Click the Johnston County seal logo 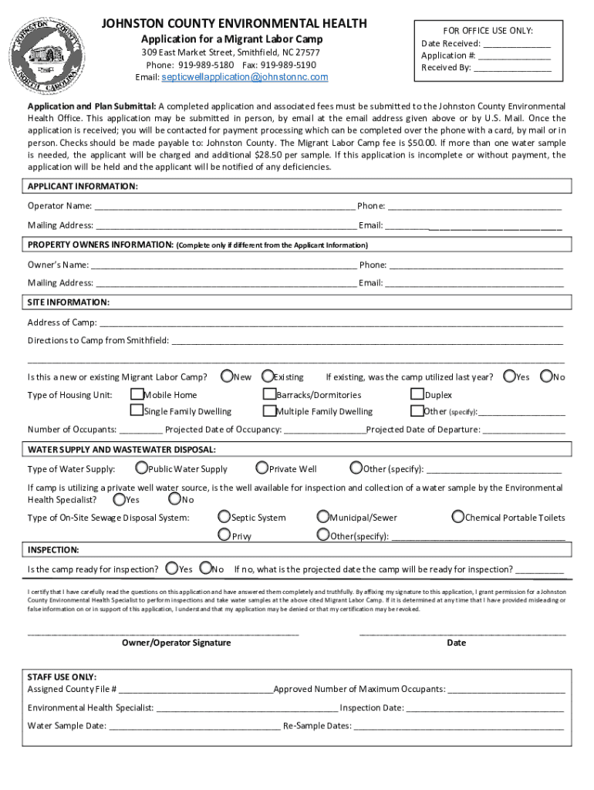pyautogui.click(x=52, y=52)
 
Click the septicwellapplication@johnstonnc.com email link pyautogui.click(x=243, y=77)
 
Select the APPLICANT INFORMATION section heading pyautogui.click(x=83, y=187)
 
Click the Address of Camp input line pyautogui.click(x=332, y=322)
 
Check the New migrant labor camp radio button pyautogui.click(x=228, y=376)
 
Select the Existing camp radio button pyautogui.click(x=268, y=376)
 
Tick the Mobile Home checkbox pyautogui.click(x=137, y=394)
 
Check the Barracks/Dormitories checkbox pyautogui.click(x=270, y=394)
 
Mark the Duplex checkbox pyautogui.click(x=417, y=394)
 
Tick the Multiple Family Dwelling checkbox pyautogui.click(x=270, y=411)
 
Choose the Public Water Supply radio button pyautogui.click(x=142, y=468)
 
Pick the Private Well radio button pyautogui.click(x=262, y=468)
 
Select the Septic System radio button pyautogui.click(x=224, y=517)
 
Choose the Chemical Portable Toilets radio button pyautogui.click(x=458, y=517)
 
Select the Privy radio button pyautogui.click(x=224, y=535)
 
